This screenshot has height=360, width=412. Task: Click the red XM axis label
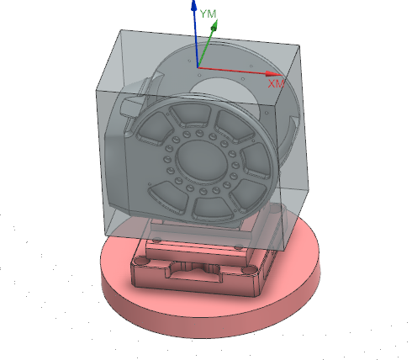pos(276,83)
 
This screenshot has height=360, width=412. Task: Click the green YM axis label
pos(209,13)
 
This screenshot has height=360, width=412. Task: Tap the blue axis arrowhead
pos(194,5)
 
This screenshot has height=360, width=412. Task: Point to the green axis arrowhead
pos(214,25)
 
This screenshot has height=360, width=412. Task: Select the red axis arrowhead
pos(273,74)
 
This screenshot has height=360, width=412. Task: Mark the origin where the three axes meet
pos(198,67)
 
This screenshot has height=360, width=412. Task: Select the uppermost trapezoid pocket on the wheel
pos(192,114)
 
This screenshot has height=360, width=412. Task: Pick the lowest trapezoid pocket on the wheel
pos(212,209)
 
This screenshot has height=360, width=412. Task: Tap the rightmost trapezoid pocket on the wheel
pos(256,161)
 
